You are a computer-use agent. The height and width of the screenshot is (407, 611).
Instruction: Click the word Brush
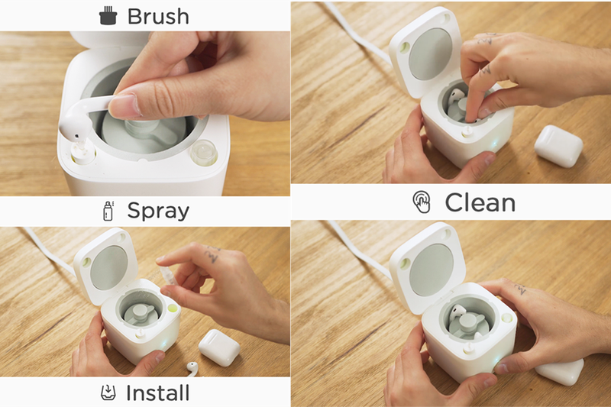click(x=158, y=15)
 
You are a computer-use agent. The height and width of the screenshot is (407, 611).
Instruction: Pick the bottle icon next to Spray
click(x=108, y=211)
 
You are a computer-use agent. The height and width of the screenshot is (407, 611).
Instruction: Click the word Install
click(x=157, y=393)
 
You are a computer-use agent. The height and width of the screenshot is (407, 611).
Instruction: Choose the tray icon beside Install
click(x=108, y=393)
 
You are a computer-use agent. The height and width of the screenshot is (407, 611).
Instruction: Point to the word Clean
click(x=480, y=202)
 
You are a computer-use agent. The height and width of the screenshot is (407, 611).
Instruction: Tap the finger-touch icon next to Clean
click(x=421, y=202)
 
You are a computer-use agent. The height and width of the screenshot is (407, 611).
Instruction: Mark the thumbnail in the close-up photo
click(x=125, y=103)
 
